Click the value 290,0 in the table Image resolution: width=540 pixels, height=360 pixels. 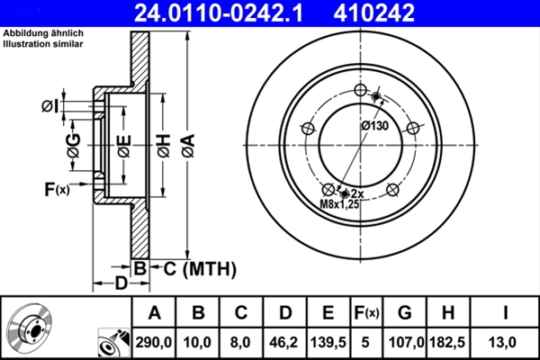(155, 341)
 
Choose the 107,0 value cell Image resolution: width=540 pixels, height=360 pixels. (404, 341)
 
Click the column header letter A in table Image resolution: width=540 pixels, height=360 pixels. (155, 312)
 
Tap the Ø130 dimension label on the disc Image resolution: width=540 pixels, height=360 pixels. (374, 127)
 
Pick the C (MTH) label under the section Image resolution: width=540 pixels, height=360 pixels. (193, 267)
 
